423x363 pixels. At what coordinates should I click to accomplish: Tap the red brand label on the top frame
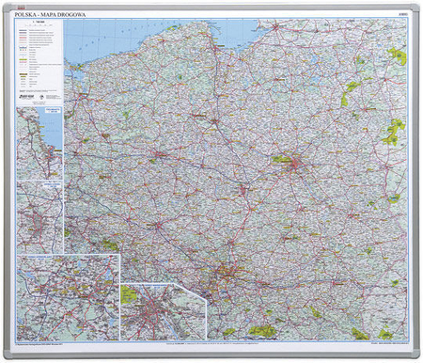211,7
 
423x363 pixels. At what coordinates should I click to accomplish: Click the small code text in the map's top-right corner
402,16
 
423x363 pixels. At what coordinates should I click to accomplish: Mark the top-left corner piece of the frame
7,7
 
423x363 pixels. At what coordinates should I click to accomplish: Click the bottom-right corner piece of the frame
416,355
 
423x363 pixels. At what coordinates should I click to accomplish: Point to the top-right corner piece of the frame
416,7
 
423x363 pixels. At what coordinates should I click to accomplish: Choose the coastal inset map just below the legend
39,141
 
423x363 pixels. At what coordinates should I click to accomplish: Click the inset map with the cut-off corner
162,311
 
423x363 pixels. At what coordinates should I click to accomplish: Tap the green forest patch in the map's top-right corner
399,56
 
